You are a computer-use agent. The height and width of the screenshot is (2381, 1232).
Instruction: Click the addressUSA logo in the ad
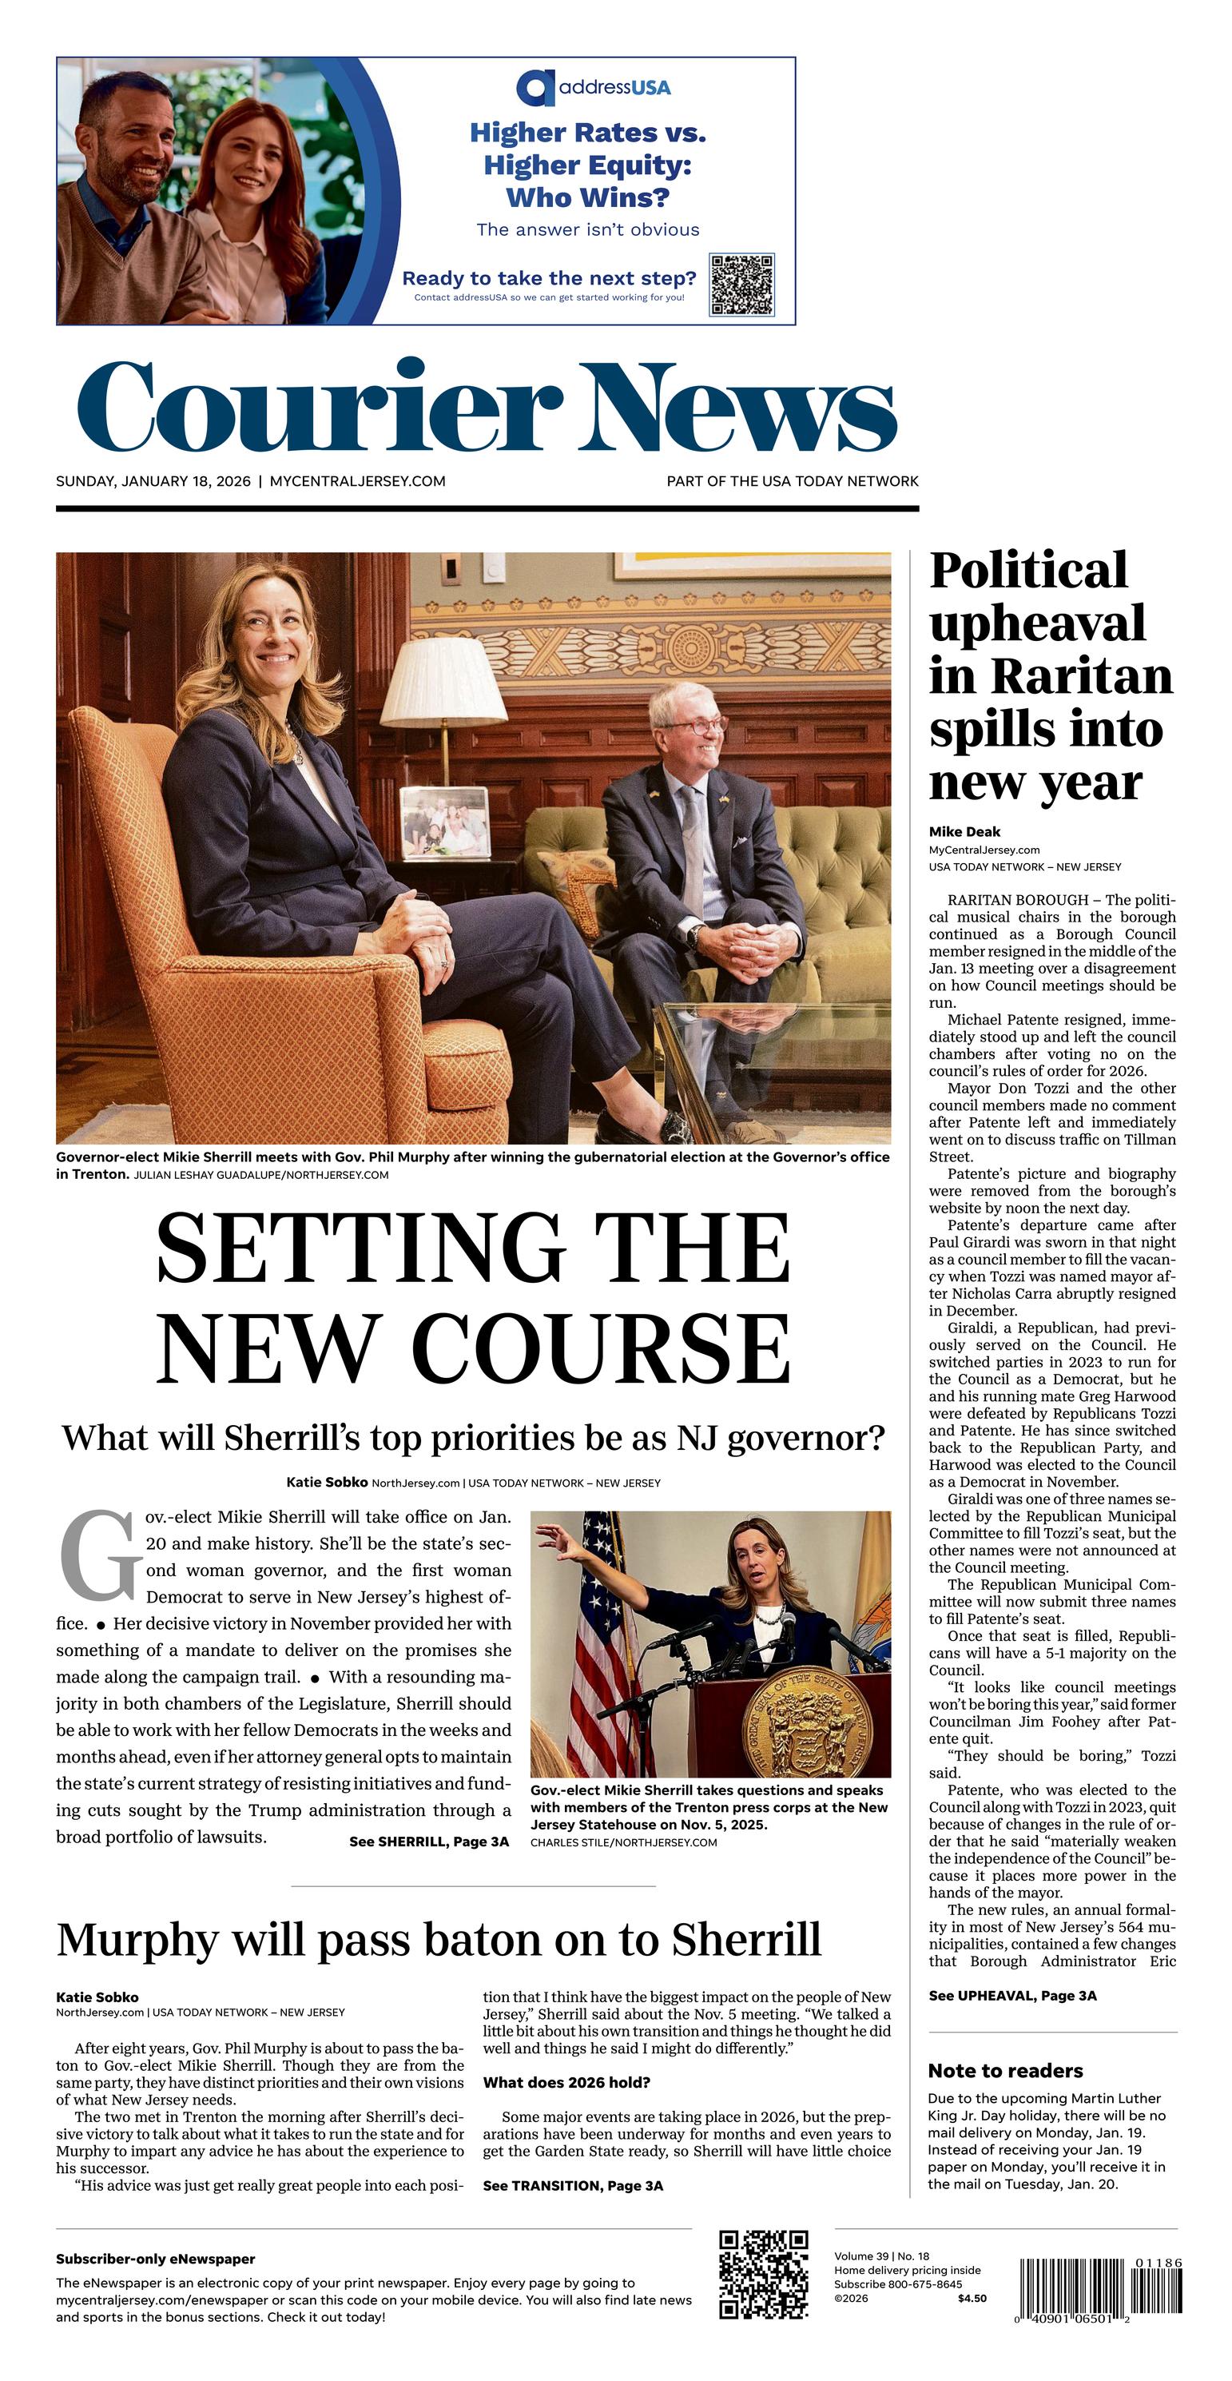pyautogui.click(x=594, y=88)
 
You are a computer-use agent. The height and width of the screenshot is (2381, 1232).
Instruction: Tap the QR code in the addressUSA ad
pyautogui.click(x=741, y=285)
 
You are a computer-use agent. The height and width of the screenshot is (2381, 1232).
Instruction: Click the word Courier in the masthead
pyautogui.click(x=319, y=408)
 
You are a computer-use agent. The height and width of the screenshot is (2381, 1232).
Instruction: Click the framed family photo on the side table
pyautogui.click(x=444, y=823)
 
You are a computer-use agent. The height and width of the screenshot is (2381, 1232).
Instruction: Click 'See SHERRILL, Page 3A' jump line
pyautogui.click(x=429, y=1842)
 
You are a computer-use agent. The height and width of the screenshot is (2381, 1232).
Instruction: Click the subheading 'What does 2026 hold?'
pyautogui.click(x=566, y=2082)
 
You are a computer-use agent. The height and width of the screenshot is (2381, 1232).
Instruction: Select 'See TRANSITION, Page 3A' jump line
pyautogui.click(x=573, y=2186)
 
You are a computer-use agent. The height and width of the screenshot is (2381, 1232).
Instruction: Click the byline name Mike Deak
pyautogui.click(x=964, y=832)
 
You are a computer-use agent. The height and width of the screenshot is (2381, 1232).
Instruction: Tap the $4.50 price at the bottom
pyautogui.click(x=972, y=2298)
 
